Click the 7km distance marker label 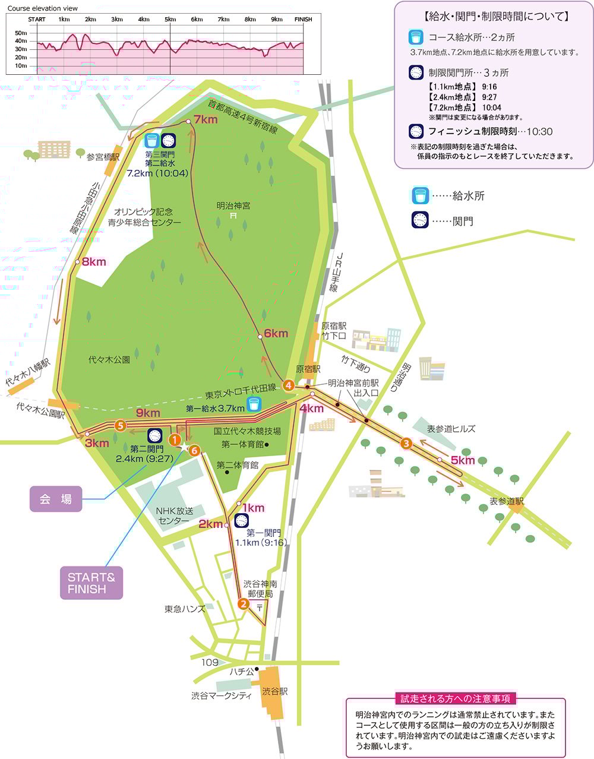tap(206, 120)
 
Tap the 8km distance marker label tap(94, 262)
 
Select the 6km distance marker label tap(276, 334)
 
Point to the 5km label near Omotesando tap(462, 460)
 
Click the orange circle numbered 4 tap(289, 385)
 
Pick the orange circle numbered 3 tap(406, 442)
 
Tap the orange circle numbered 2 tap(243, 604)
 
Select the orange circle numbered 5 tap(120, 425)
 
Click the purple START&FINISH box tap(91, 583)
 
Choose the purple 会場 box tap(56, 499)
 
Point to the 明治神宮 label tap(233, 205)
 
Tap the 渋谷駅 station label tap(275, 692)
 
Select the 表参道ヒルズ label tap(451, 429)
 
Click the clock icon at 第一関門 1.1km tap(241, 521)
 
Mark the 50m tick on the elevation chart tap(21, 33)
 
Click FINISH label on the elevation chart tap(303, 20)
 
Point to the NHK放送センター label tap(172, 516)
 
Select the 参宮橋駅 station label tap(103, 157)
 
